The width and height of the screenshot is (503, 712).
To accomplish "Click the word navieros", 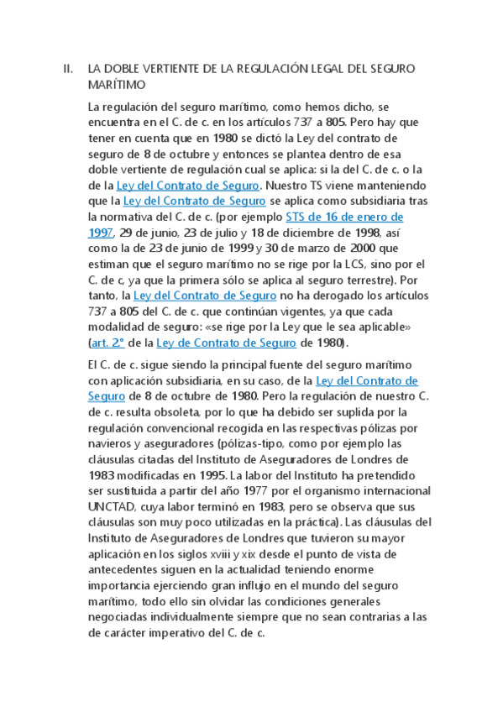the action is click(x=114, y=444).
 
